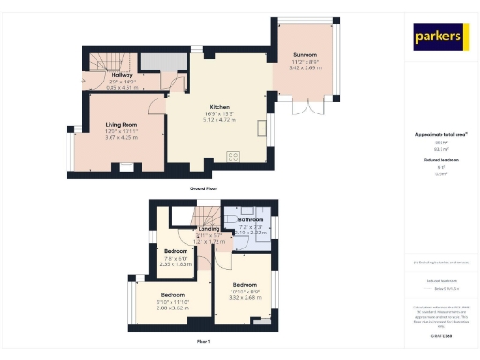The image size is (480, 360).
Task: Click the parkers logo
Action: coord(441,37)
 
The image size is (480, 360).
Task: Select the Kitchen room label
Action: coord(220,107)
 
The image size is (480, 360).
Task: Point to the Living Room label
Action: coord(117,123)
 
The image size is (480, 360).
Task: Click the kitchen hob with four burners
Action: coord(232,157)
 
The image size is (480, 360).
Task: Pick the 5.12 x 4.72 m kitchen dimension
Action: coord(220,119)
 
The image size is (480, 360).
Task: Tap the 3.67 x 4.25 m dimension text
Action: coord(117,137)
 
